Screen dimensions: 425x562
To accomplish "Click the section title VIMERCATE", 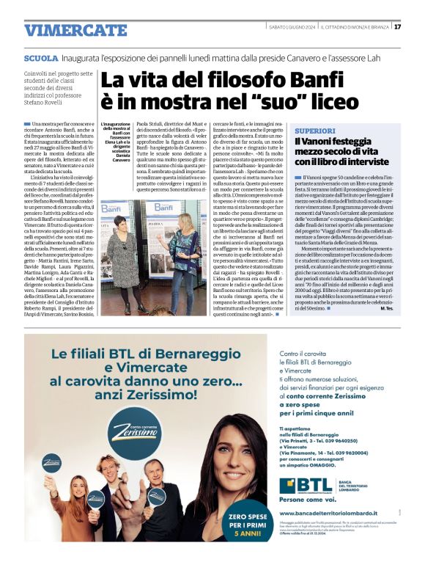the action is [x=66, y=30].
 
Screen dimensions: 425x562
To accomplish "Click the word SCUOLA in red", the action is [x=40, y=57].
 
